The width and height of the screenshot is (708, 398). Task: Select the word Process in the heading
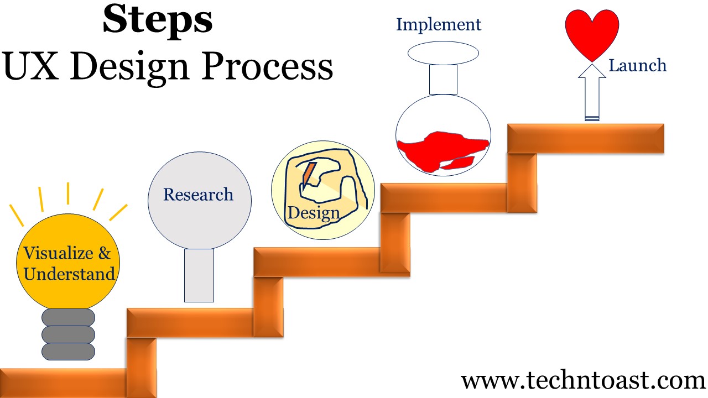click(x=267, y=66)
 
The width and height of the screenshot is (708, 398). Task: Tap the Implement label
click(x=439, y=25)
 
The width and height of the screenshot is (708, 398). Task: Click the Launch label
click(x=638, y=65)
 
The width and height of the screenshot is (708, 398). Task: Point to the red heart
click(x=592, y=35)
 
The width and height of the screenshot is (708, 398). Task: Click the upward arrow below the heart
click(x=592, y=92)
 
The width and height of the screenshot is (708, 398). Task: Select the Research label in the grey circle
click(x=198, y=194)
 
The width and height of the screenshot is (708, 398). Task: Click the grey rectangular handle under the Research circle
click(x=199, y=275)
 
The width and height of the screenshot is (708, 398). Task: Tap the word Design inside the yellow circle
click(x=314, y=213)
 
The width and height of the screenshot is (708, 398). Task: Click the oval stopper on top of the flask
click(x=443, y=53)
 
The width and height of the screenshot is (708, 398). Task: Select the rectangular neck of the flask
click(x=443, y=80)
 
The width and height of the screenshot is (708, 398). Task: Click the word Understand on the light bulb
click(x=69, y=274)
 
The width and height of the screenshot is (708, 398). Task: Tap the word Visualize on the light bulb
click(x=58, y=253)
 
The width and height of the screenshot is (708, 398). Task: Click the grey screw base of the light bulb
click(x=68, y=334)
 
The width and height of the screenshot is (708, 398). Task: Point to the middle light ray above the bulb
click(x=68, y=193)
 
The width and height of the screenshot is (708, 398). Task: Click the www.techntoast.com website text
click(x=583, y=381)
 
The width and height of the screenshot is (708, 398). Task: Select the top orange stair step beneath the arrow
click(x=586, y=138)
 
